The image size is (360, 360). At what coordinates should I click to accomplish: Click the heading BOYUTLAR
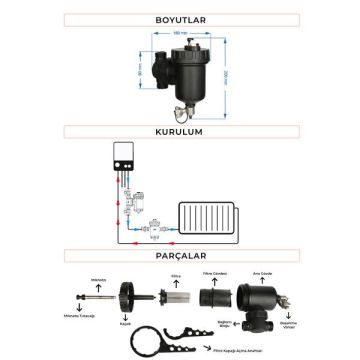point(179,18)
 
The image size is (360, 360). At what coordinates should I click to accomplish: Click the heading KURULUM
point(179,130)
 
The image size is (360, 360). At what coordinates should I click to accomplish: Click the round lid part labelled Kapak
point(127,298)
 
